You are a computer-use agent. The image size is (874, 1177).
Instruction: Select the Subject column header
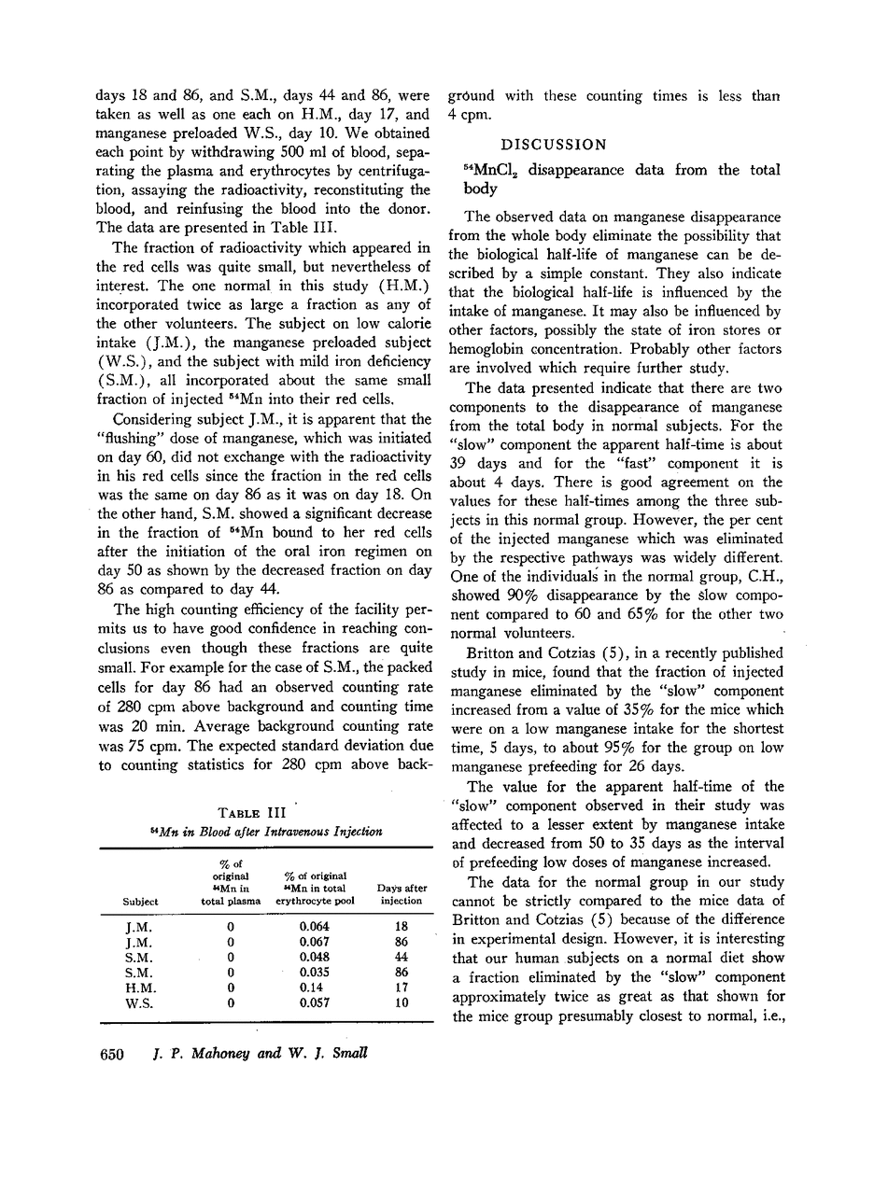click(x=140, y=902)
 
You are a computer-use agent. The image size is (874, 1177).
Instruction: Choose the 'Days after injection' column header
click(x=402, y=894)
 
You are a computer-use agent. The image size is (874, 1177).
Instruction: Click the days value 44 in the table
click(x=402, y=958)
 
